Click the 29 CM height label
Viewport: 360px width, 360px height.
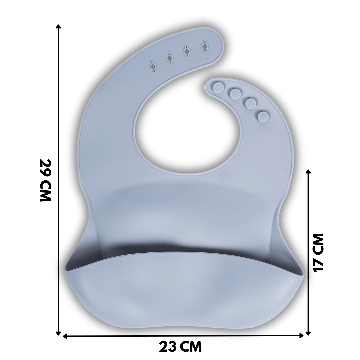(x=45, y=180)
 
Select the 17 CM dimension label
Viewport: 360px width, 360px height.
(x=318, y=253)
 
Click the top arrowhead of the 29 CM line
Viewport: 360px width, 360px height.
(x=59, y=26)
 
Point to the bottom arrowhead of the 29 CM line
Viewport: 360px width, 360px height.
(x=59, y=333)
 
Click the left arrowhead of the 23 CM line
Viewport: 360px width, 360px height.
(x=65, y=336)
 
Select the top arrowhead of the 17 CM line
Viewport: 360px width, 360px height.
(x=308, y=172)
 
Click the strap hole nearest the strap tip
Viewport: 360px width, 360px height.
(x=205, y=46)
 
